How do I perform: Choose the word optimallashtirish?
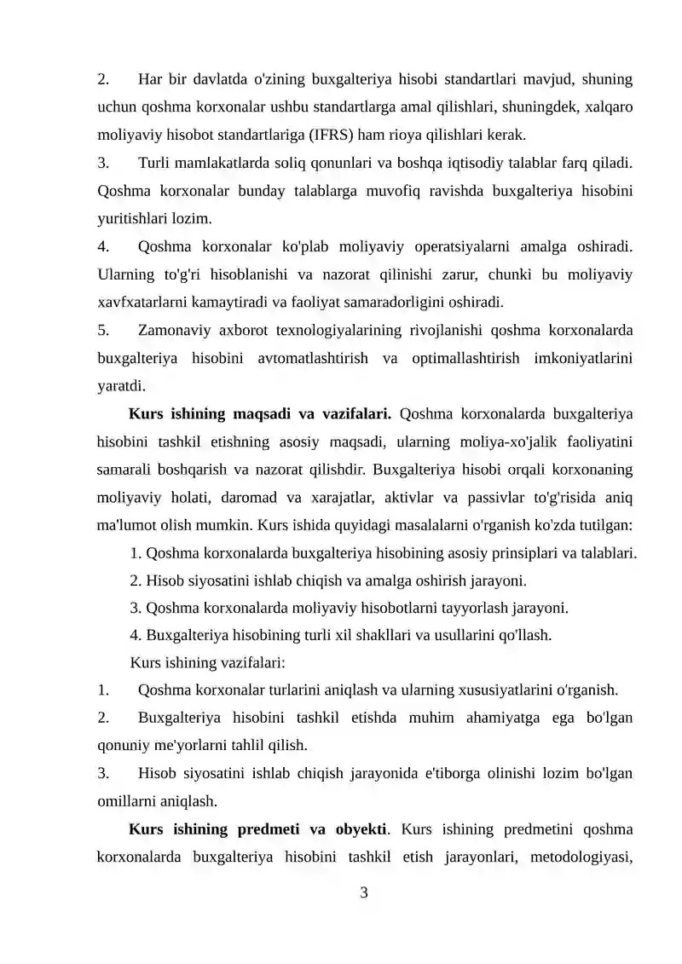(461, 357)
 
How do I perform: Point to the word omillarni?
(126, 801)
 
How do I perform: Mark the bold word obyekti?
(360, 829)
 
